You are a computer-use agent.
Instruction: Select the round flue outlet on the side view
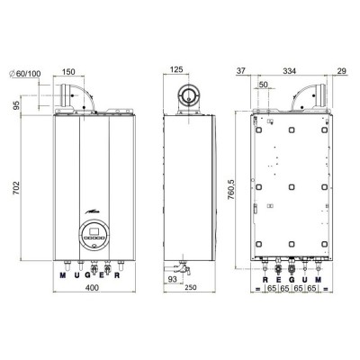[x=190, y=94]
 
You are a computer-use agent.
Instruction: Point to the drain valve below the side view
[x=184, y=267]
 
